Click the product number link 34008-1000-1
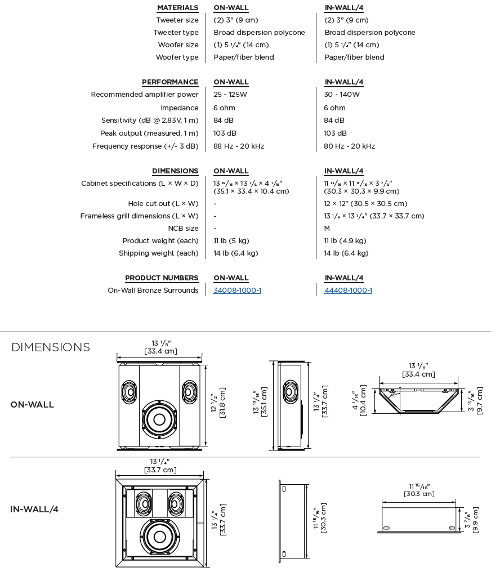click(x=237, y=291)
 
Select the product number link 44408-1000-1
click(x=348, y=291)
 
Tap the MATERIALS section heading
click(x=177, y=8)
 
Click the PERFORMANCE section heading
click(x=170, y=82)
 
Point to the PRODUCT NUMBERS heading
click(x=162, y=278)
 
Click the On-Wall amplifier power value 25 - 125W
click(x=230, y=95)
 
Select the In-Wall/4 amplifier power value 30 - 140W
click(x=342, y=95)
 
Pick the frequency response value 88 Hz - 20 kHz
click(x=239, y=146)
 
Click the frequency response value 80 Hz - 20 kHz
click(x=349, y=146)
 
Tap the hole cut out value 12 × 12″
click(x=365, y=204)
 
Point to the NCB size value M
click(x=327, y=229)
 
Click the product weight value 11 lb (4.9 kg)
click(x=345, y=241)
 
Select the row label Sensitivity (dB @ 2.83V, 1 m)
click(x=150, y=120)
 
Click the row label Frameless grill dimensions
click(x=139, y=216)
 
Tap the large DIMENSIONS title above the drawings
click(x=51, y=347)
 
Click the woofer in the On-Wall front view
click(x=159, y=420)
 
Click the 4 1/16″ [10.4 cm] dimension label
click(x=359, y=400)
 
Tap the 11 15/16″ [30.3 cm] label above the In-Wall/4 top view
click(x=419, y=490)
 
